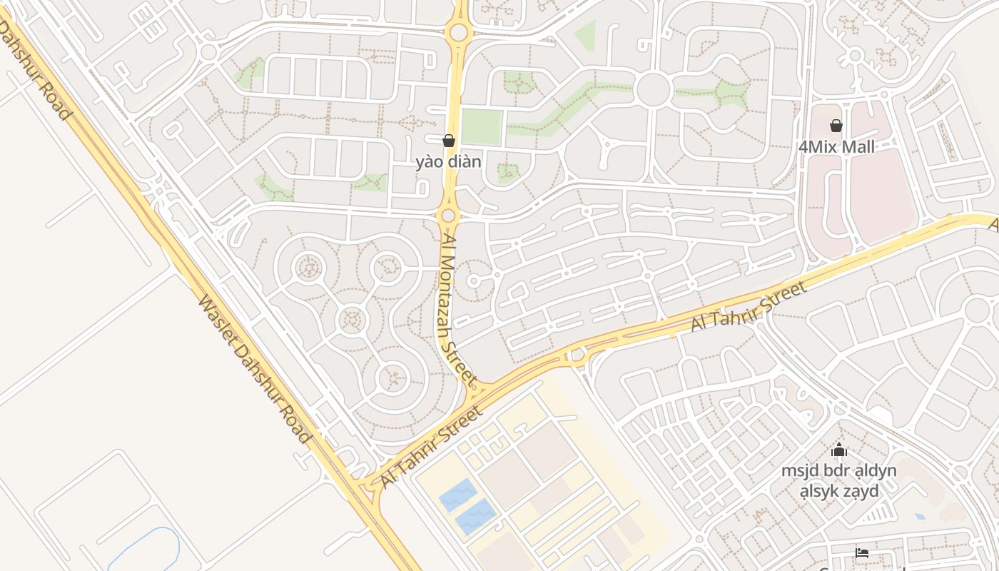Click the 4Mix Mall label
836,147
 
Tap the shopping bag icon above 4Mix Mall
836,126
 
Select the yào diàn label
449,162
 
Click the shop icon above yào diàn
449,141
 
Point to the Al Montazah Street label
459,308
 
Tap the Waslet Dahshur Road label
254,369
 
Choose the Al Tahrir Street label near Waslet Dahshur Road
432,448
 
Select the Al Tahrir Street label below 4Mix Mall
749,305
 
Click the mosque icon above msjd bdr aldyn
839,450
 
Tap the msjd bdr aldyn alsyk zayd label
839,480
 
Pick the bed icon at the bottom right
862,552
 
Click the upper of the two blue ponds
457,495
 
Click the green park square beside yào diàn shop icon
481,127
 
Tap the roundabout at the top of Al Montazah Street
459,32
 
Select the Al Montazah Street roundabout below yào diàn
448,216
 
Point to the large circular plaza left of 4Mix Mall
653,90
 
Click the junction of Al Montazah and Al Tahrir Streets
476,391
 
